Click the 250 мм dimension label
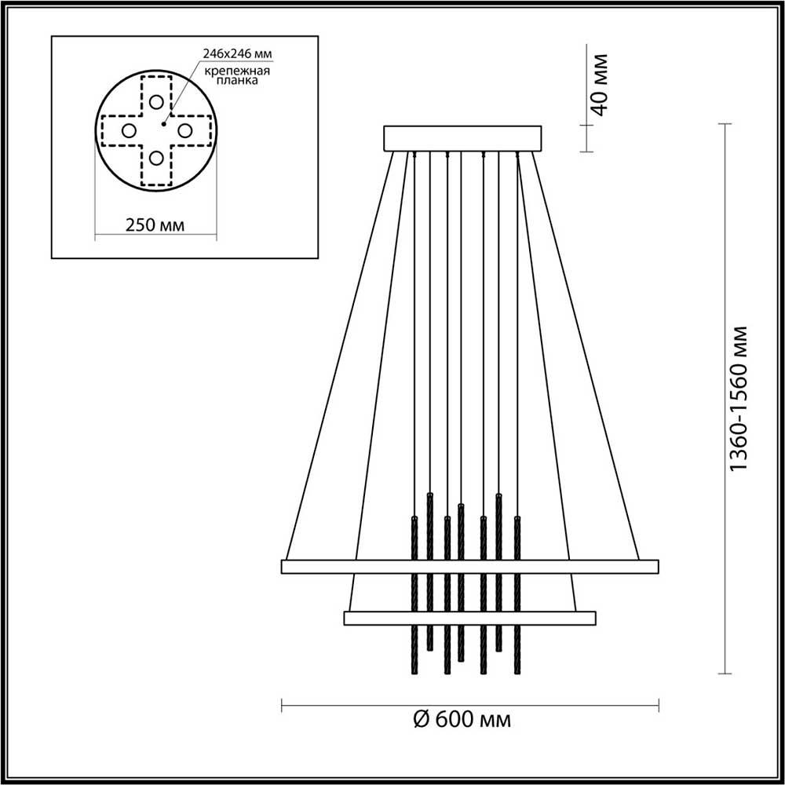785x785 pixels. [x=155, y=225]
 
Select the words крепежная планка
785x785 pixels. [x=238, y=75]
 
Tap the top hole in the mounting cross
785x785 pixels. [x=157, y=101]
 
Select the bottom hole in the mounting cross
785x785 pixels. [x=157, y=159]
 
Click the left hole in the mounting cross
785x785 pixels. [x=129, y=130]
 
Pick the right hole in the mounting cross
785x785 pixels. [x=185, y=130]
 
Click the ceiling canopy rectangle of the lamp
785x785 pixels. [x=462, y=138]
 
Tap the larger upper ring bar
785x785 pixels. [x=469, y=566]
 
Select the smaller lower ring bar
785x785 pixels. [x=469, y=618]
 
